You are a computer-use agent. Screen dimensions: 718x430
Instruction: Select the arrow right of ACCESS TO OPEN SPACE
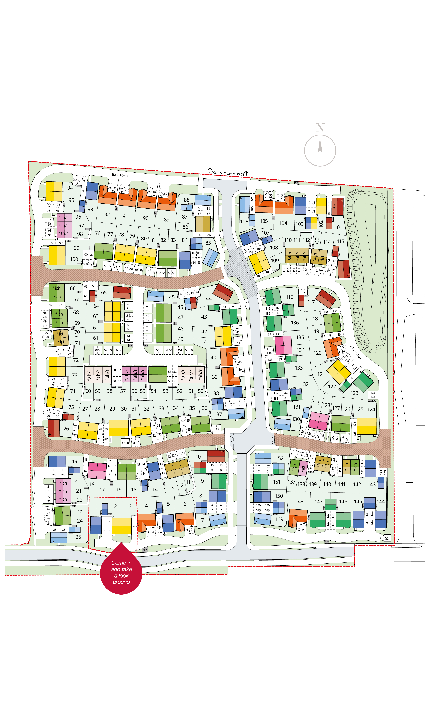coord(246,174)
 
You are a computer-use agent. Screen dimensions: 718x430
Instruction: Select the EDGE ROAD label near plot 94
coord(119,176)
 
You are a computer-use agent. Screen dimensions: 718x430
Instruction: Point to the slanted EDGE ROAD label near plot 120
coord(356,352)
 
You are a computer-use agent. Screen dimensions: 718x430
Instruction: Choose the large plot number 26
coord(66,428)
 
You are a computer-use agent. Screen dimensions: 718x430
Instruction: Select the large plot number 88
coord(187,200)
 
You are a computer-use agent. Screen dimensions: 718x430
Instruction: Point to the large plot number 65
coord(104,293)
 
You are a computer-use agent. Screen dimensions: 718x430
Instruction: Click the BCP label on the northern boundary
coord(296,183)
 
